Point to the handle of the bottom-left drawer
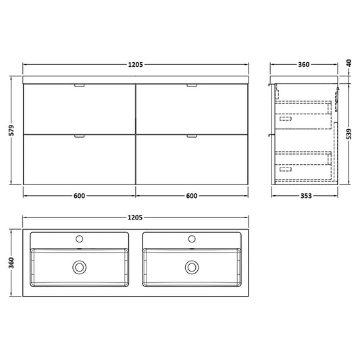[79, 136]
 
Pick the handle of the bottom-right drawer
[192, 136]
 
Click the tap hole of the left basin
[79, 238]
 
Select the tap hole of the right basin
[192, 238]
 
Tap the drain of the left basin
[79, 267]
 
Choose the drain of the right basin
[192, 267]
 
